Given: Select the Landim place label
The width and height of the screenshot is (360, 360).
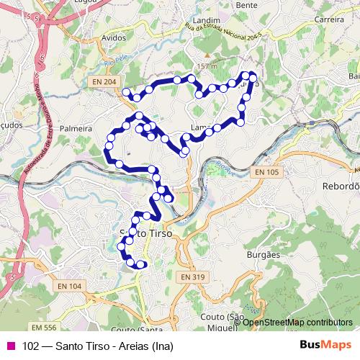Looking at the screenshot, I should (x=205, y=22).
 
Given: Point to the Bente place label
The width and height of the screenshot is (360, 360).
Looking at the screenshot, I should (x=246, y=4).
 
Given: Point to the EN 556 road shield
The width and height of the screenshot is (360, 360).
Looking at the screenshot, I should (x=44, y=307).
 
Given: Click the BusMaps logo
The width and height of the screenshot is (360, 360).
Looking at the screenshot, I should (x=328, y=345).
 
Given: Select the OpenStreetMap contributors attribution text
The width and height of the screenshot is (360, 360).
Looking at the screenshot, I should (x=298, y=323).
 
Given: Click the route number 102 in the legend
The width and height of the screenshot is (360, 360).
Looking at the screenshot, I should (x=31, y=346).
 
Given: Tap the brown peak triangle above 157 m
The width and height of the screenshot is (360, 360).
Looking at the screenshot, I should (x=207, y=55).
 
